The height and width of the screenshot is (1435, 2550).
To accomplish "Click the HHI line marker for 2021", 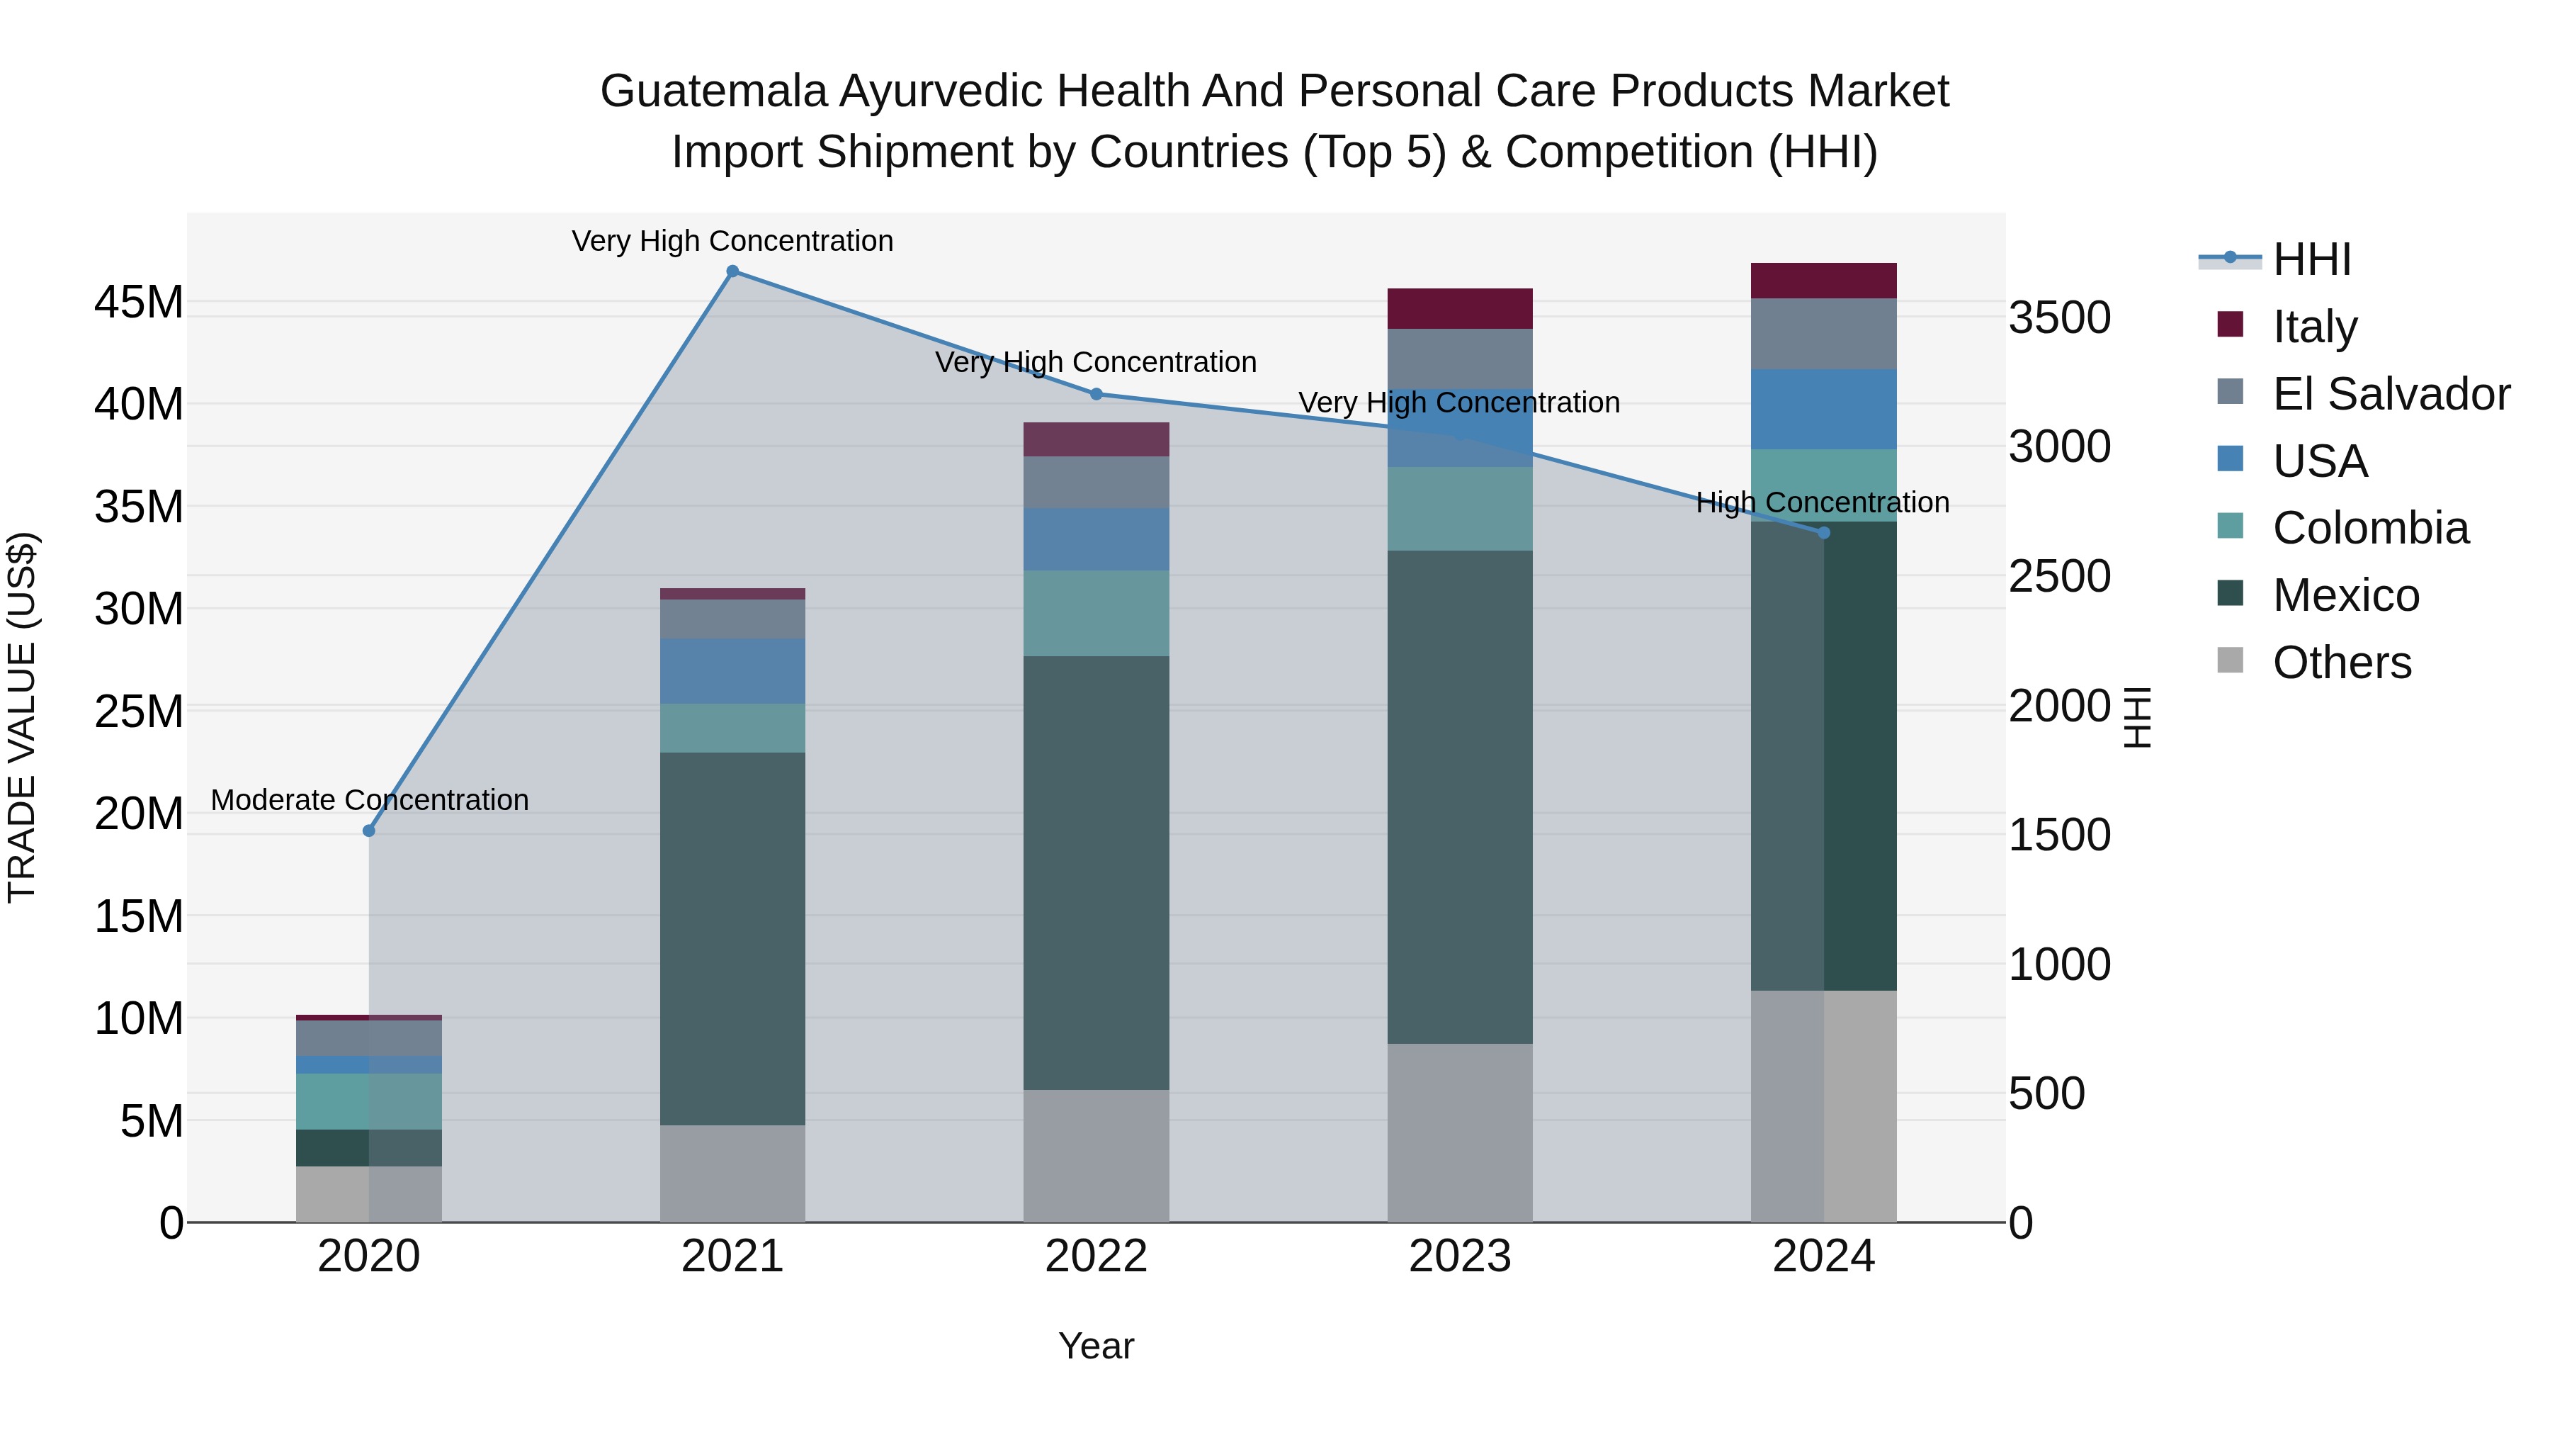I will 732,271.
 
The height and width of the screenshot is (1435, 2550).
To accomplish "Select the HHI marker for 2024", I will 1825,533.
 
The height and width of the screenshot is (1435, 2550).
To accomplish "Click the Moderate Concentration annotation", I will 369,800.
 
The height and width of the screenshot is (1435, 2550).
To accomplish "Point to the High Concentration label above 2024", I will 1823,503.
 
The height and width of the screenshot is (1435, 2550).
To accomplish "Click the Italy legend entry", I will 2314,327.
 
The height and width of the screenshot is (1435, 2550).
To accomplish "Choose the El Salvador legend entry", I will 2391,394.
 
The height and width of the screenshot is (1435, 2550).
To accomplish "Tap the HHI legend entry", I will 2311,259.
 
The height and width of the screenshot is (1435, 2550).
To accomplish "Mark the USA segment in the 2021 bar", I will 732,672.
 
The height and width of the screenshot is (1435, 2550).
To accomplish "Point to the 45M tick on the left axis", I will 139,302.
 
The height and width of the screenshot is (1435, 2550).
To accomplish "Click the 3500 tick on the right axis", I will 2059,319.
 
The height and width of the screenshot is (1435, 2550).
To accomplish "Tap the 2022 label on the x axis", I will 1096,1256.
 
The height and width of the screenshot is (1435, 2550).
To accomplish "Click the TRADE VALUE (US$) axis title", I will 22,717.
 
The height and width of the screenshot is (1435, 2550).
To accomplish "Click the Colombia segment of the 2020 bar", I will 369,1101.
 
